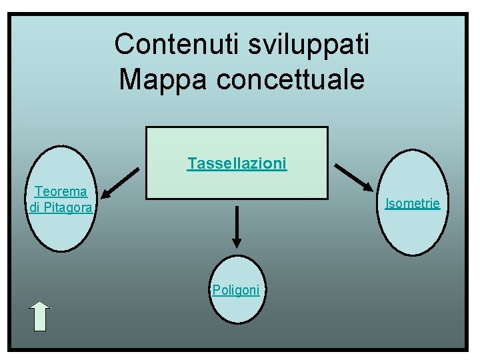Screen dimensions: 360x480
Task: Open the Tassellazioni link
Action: pyautogui.click(x=237, y=163)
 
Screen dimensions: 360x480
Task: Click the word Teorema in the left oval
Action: pyautogui.click(x=61, y=192)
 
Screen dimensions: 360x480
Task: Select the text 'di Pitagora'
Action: pyautogui.click(x=61, y=208)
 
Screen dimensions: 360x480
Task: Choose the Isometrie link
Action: pyautogui.click(x=413, y=203)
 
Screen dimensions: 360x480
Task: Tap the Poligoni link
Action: pyautogui.click(x=235, y=290)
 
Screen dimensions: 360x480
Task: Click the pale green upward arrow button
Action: pyautogui.click(x=41, y=316)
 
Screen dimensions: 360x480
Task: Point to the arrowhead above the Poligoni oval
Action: pyautogui.click(x=236, y=243)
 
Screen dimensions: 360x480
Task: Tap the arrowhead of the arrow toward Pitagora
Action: pyautogui.click(x=109, y=193)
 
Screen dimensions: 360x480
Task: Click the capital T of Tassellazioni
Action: pyautogui.click(x=191, y=163)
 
